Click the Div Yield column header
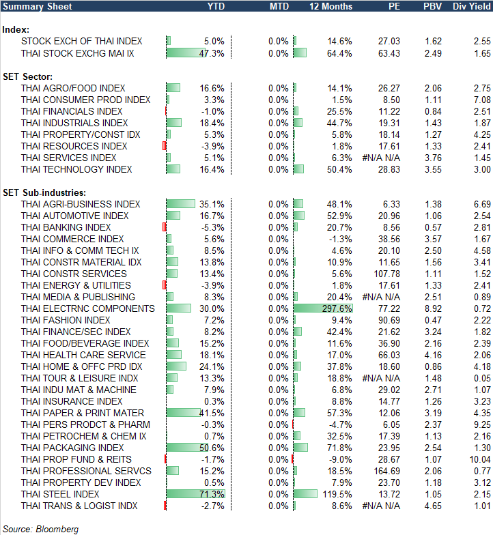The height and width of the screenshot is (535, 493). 470,6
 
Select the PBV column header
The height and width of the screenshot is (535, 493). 432,6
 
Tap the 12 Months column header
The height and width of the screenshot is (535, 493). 331,6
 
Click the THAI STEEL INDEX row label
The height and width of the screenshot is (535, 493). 60,494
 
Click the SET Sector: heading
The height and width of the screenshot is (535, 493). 28,76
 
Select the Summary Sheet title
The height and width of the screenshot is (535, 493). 33,6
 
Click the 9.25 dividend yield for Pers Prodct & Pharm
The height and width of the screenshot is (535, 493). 476,424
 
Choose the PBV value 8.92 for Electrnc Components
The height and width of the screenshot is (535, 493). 432,308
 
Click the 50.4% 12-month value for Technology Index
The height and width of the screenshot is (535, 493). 340,169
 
